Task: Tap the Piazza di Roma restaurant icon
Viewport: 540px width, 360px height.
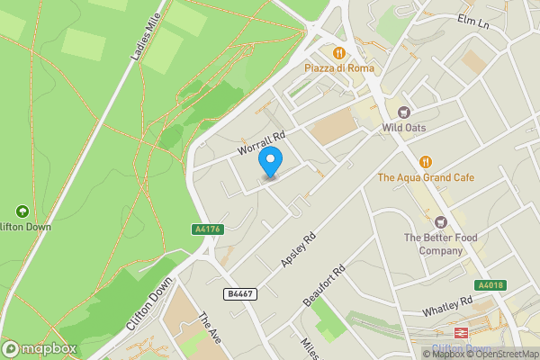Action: [x=339, y=52]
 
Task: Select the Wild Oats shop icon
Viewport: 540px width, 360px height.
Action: [x=403, y=112]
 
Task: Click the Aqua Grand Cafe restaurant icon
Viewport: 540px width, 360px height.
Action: [x=425, y=162]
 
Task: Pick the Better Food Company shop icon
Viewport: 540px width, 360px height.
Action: [x=440, y=221]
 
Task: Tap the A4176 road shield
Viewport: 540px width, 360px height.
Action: [x=207, y=229]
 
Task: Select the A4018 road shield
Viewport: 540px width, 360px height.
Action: [x=490, y=285]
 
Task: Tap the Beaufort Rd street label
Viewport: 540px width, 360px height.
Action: [x=325, y=285]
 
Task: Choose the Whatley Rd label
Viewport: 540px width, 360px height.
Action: [x=447, y=306]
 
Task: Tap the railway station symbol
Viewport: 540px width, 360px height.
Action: [x=461, y=334]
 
